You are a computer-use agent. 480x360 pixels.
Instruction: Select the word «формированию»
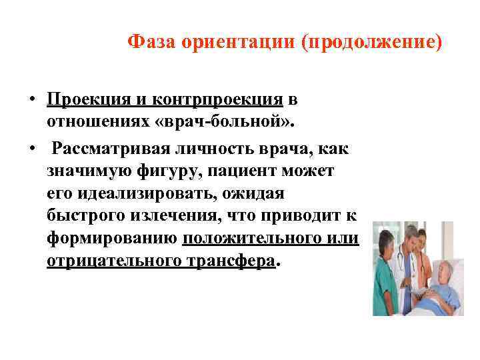click(112, 239)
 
